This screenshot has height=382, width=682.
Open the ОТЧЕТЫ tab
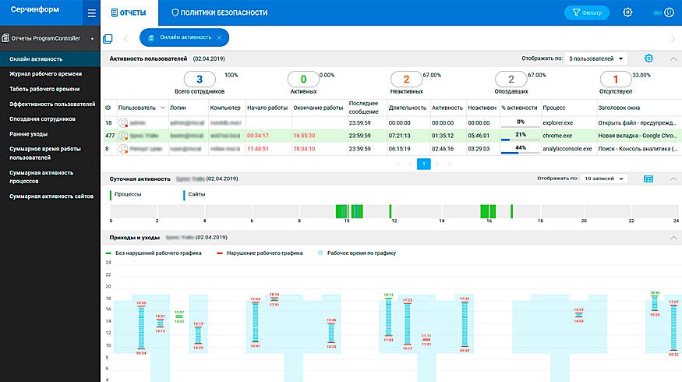129,12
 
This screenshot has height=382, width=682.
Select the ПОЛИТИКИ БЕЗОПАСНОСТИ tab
219,12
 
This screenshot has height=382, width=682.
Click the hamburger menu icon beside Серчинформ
91,12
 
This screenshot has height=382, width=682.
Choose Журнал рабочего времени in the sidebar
45,73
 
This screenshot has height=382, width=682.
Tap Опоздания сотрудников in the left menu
42,118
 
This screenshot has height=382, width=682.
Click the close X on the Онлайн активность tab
220,38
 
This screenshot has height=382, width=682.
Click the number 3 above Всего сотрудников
200,80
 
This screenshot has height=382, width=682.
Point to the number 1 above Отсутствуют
615,80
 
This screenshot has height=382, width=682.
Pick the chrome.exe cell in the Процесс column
557,135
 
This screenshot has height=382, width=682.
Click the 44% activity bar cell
520,147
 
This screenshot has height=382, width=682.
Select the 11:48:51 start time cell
257,147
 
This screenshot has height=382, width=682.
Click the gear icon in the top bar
628,12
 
